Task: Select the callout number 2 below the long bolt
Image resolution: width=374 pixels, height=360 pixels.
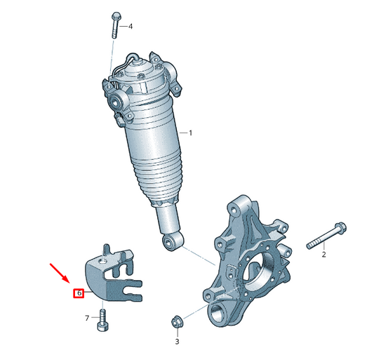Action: (323, 255)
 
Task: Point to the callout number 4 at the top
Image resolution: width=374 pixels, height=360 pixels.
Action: (130, 26)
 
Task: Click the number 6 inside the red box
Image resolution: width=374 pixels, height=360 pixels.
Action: (79, 293)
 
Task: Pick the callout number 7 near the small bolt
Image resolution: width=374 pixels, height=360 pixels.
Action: (88, 318)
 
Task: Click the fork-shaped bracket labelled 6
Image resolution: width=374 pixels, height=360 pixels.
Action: (112, 277)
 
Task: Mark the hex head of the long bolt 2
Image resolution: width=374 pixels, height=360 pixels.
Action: (339, 228)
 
